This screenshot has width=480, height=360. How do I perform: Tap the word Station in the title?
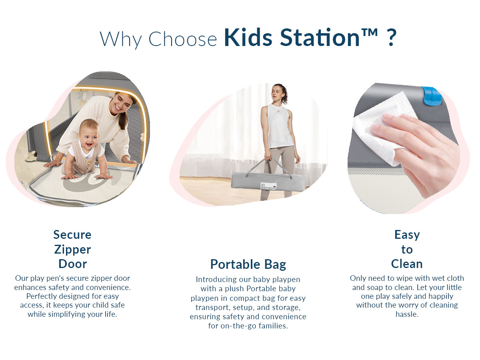coord(320,38)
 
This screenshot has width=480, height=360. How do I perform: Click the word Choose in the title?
coord(182,39)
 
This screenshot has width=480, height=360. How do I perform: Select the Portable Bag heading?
coord(248,265)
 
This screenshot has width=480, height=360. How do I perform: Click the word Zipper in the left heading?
coord(72,250)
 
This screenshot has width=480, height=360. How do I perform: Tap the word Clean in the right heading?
coord(407,264)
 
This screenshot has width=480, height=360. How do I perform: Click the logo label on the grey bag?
coord(268,186)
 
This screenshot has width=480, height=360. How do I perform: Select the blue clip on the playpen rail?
coord(432,96)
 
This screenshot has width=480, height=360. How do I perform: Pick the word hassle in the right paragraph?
coord(407,314)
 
